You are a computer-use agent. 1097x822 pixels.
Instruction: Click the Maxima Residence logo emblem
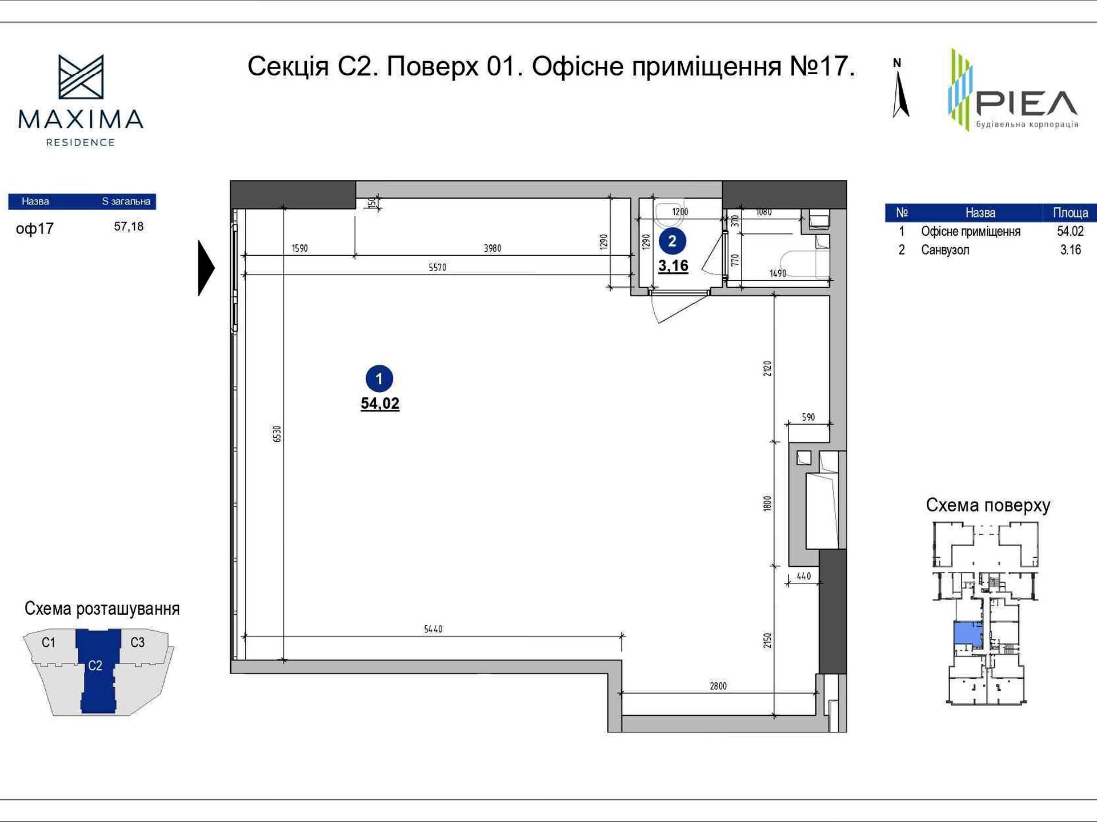(x=81, y=77)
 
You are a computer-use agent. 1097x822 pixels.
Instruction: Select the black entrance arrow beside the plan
(x=206, y=268)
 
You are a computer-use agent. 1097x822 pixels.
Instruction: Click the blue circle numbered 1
(x=379, y=378)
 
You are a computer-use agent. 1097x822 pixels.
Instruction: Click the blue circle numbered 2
(x=672, y=241)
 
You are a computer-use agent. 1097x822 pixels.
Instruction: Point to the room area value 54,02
(x=380, y=404)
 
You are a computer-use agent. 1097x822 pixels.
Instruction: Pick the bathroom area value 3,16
(x=673, y=266)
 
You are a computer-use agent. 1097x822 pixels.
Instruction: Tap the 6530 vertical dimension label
(x=277, y=433)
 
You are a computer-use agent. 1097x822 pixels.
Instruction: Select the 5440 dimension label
(x=433, y=629)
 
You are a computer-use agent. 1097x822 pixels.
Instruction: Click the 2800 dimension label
(x=718, y=686)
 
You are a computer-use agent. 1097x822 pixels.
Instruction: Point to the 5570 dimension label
(x=437, y=267)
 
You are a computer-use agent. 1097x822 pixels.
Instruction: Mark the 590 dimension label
(x=808, y=417)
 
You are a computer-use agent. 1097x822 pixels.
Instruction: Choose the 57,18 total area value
(x=129, y=227)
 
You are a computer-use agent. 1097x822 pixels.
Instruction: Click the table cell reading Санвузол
(x=945, y=250)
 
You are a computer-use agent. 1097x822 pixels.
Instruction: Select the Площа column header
(x=1070, y=213)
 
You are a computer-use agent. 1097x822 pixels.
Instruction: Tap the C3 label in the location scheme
(x=138, y=643)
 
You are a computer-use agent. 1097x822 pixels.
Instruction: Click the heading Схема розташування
(x=102, y=609)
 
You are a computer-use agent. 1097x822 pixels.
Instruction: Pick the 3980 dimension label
(x=493, y=248)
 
